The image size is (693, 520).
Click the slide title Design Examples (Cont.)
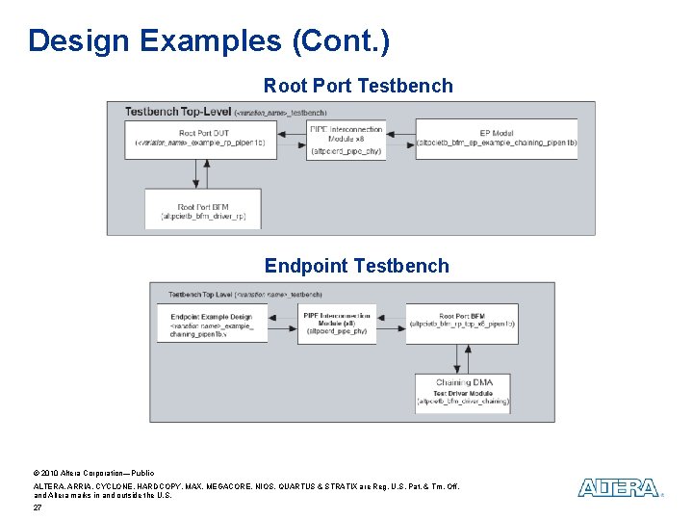[209, 40]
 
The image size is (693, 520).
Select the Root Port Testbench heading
[358, 86]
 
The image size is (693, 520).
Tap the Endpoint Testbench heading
[356, 266]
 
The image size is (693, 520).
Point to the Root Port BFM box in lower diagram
[462, 322]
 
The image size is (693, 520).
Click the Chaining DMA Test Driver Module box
[462, 393]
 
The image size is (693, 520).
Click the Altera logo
[619, 488]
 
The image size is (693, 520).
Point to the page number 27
[38, 507]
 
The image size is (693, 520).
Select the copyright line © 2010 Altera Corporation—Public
[93, 474]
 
